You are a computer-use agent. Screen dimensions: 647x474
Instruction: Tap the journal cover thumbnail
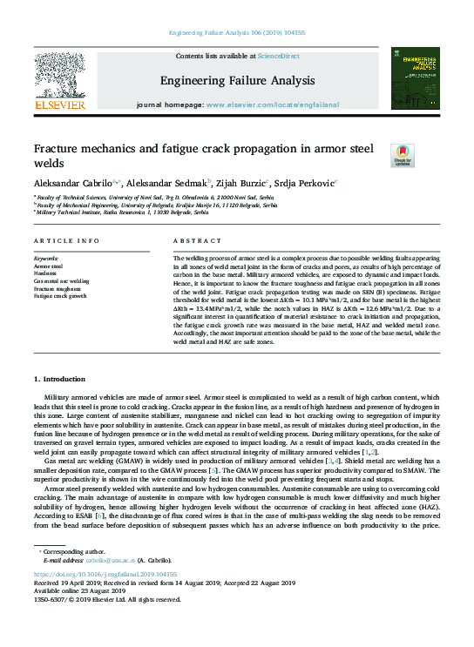pyautogui.click(x=415, y=78)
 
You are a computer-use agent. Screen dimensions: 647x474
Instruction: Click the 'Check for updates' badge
pyautogui.click(x=378, y=156)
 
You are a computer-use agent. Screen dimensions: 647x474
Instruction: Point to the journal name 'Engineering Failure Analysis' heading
pyautogui.click(x=236, y=81)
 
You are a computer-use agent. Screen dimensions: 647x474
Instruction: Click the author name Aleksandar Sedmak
pyautogui.click(x=166, y=184)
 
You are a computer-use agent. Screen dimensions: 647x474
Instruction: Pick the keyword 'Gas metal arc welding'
pyautogui.click(x=62, y=281)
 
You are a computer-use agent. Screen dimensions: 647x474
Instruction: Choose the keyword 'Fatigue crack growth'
pyautogui.click(x=60, y=296)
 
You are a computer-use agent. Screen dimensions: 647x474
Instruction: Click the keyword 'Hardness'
pyautogui.click(x=46, y=274)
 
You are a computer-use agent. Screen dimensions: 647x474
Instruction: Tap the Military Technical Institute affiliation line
pyautogui.click(x=122, y=212)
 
